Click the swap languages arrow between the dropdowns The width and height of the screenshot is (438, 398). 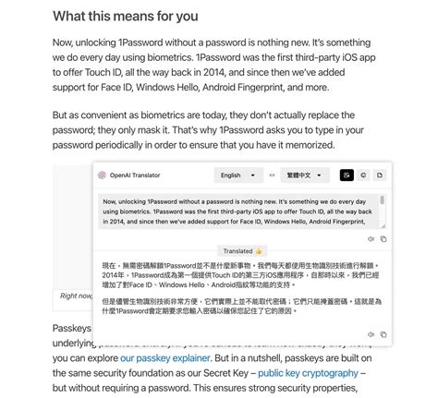272,175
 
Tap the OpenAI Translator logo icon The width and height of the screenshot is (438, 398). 102,175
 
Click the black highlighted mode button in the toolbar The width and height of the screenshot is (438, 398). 347,175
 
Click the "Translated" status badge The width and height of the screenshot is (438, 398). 238,250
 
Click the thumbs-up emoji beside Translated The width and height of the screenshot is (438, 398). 260,250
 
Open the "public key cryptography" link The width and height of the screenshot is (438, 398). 308,372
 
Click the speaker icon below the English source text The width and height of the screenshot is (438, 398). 371,238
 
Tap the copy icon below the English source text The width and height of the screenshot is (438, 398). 383,238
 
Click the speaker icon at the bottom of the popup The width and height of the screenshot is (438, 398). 371,333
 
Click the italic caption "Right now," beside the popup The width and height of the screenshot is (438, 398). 76,295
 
